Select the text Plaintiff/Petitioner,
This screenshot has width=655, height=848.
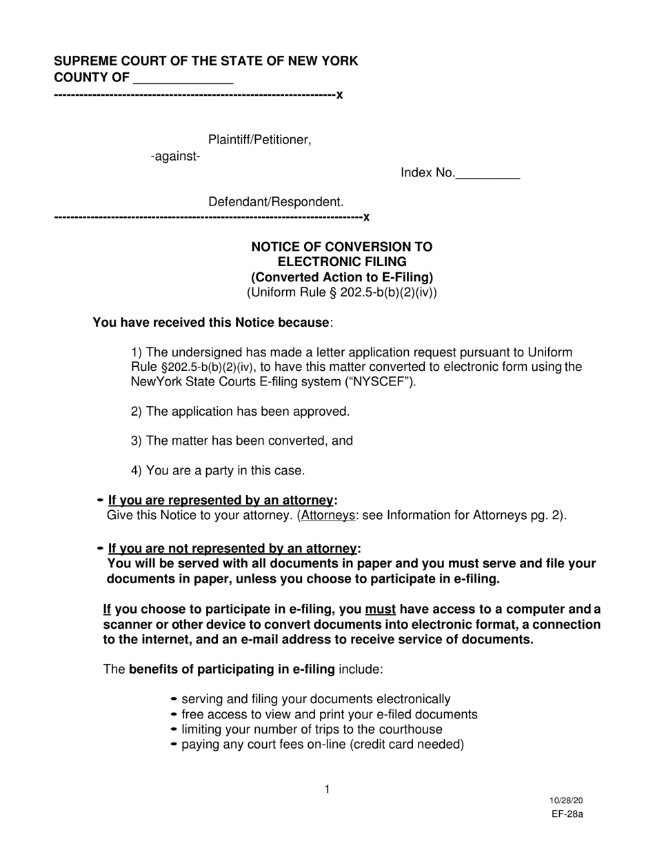(x=260, y=140)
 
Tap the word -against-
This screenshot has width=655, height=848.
(x=175, y=157)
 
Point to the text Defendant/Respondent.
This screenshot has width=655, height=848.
(x=276, y=202)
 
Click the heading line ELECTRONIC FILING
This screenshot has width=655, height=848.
(x=341, y=262)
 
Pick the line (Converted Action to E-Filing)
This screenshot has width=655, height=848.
(x=341, y=277)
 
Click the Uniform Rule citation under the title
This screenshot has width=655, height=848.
(x=341, y=292)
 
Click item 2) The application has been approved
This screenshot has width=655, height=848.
(x=241, y=412)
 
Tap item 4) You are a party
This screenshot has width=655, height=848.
(x=217, y=471)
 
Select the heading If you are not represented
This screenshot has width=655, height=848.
(x=232, y=549)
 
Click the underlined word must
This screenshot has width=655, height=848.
(x=380, y=609)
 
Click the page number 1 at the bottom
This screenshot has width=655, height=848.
(x=327, y=789)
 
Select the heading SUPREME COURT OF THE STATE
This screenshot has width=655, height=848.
(x=206, y=61)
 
